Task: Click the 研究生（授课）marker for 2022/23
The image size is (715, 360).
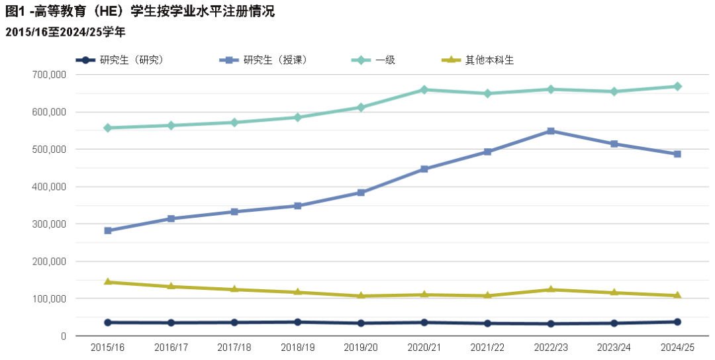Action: point(551,131)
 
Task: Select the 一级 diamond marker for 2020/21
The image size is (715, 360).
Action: point(424,90)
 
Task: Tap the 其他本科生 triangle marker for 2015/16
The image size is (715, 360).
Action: point(108,282)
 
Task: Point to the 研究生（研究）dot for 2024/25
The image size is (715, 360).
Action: point(677,322)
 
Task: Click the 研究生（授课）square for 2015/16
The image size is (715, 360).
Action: point(108,231)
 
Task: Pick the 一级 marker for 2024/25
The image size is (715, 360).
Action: point(677,87)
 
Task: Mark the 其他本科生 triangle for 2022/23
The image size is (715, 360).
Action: point(551,289)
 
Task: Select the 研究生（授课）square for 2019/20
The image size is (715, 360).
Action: point(361,193)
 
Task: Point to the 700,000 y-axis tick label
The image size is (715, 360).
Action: point(49,75)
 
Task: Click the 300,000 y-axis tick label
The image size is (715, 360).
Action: point(49,224)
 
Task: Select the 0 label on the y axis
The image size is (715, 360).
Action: point(64,336)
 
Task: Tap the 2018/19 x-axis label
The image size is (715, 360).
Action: point(297,347)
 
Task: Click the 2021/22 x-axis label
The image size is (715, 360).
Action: point(487,347)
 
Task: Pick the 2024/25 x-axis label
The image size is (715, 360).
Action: point(677,347)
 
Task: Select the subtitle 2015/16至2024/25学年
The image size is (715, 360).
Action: point(65,32)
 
